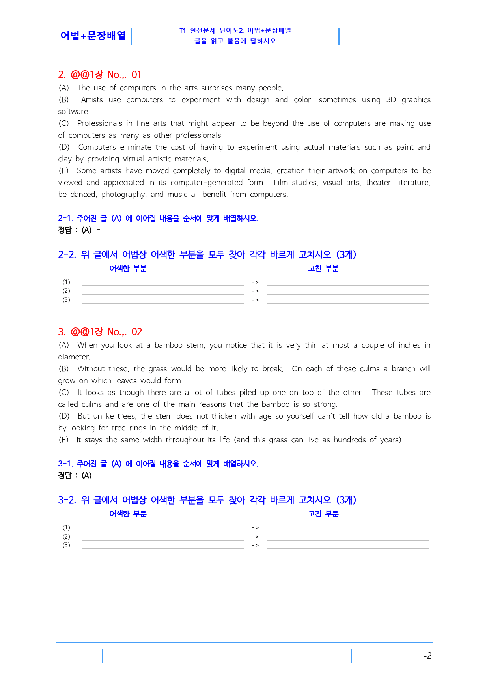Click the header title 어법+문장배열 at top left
point(93,36)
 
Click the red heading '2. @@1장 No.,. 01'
point(99,75)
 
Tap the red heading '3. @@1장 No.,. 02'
point(100,332)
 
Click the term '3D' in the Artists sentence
point(391,99)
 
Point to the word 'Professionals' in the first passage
point(100,123)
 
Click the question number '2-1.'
point(65,218)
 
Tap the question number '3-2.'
point(67,500)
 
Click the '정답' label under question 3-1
point(65,475)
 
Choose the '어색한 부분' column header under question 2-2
point(128,268)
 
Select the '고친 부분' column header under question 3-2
point(323,514)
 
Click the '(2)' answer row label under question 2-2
point(66,291)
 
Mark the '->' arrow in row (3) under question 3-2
point(255,545)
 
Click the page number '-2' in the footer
point(428,656)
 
